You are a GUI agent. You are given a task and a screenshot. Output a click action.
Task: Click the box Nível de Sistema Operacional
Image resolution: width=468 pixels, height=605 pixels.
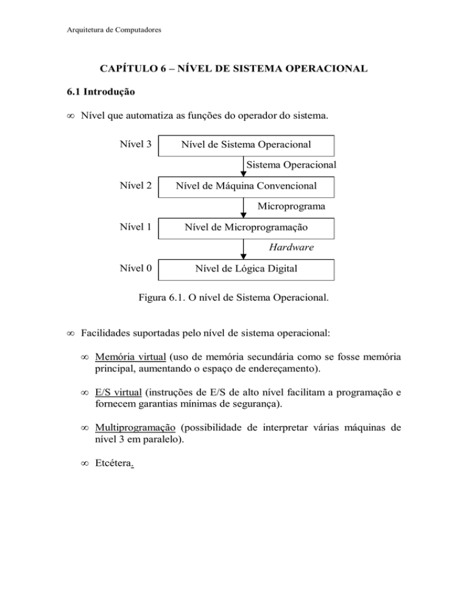point(246,145)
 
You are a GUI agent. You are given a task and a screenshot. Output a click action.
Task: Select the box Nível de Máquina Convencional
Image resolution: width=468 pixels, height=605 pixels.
point(246,186)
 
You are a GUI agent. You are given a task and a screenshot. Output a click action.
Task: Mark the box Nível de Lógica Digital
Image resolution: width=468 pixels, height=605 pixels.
point(246,268)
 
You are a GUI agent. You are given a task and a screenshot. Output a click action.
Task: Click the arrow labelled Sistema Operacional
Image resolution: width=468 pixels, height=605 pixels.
point(244,166)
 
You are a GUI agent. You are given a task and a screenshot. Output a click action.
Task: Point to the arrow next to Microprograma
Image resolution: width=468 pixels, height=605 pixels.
point(244,206)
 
